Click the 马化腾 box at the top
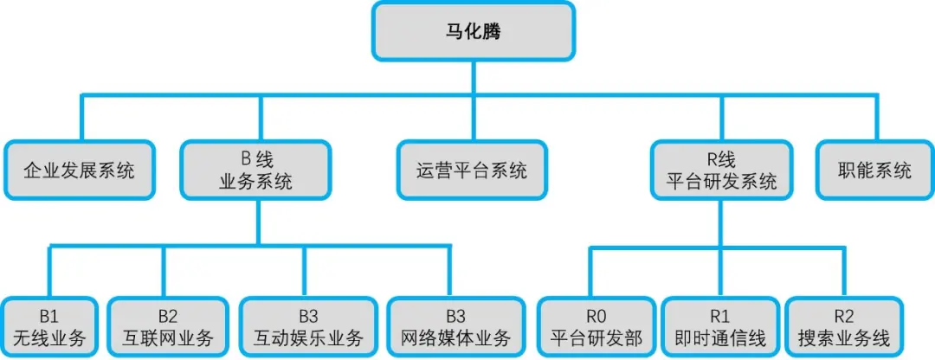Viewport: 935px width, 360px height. point(474,31)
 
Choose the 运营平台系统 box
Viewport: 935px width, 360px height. point(472,170)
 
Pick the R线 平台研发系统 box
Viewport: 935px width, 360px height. point(721,170)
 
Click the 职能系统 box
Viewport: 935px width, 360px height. point(874,170)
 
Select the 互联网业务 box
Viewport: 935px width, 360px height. point(168,326)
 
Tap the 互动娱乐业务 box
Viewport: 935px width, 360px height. point(307,326)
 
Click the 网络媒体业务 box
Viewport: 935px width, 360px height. point(457,326)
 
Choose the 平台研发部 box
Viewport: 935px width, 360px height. point(596,326)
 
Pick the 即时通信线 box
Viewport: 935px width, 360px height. point(721,326)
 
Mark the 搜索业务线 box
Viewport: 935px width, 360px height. point(844,326)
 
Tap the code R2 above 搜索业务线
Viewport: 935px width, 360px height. point(844,316)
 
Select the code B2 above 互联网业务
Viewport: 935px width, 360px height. point(168,316)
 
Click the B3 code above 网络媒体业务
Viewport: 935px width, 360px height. point(457,316)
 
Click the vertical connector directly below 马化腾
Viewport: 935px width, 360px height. point(474,78)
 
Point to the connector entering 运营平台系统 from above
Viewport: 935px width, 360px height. point(474,118)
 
